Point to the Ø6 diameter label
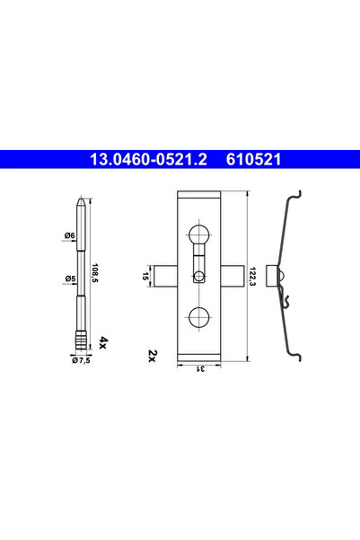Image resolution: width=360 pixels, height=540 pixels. (69, 235)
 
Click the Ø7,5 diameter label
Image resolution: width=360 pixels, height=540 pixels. (83, 361)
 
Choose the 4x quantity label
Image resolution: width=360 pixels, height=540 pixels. (104, 342)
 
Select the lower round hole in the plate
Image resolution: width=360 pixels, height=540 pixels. (199, 315)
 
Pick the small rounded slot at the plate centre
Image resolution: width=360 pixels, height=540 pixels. (199, 273)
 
